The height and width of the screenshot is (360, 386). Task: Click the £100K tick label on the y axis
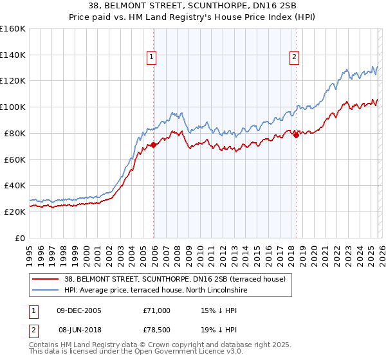coord(13,107)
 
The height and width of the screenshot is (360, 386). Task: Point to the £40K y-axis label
coord(14,185)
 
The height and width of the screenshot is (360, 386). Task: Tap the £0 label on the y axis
coord(19,238)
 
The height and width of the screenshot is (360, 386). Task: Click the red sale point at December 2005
coord(153,145)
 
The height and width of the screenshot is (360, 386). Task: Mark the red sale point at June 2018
coord(296,135)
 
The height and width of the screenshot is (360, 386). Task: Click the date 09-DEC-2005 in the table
coord(80,310)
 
